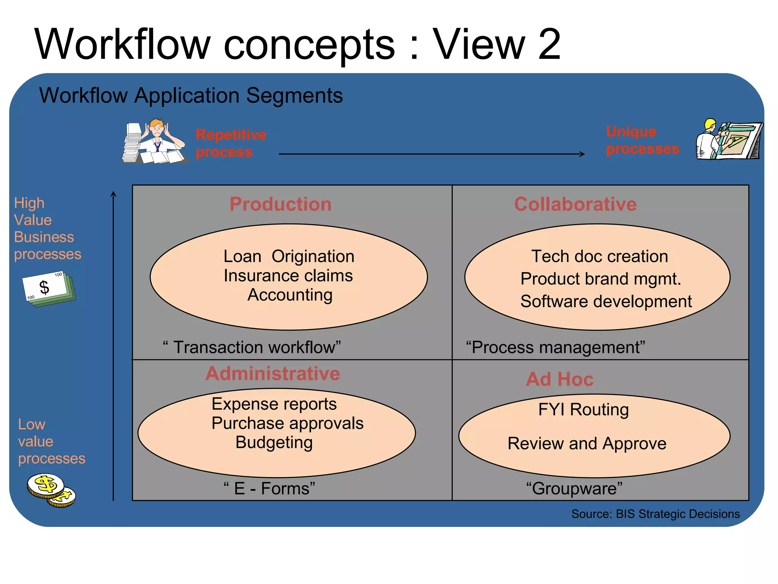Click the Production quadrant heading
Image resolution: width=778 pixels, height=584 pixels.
[280, 204]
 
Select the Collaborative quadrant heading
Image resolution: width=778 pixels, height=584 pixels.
[575, 204]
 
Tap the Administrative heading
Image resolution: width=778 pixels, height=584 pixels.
[272, 373]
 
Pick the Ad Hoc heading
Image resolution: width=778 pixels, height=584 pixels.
[560, 379]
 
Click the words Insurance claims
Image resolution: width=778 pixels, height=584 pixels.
[288, 276]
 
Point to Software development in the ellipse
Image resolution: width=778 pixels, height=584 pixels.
[606, 302]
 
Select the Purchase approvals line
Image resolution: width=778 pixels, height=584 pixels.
[287, 423]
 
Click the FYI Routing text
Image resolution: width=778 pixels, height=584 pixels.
[583, 410]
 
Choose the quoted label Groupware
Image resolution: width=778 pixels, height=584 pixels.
[574, 489]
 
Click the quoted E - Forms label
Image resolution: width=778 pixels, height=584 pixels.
[269, 489]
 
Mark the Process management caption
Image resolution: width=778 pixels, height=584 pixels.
[555, 347]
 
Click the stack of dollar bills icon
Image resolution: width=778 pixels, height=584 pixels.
[49, 289]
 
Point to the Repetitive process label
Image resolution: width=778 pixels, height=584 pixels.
[231, 143]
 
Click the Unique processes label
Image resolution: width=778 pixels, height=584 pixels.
[642, 140]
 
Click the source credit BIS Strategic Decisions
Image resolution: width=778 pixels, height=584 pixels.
[655, 514]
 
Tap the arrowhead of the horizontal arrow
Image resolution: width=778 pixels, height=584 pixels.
[582, 154]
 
